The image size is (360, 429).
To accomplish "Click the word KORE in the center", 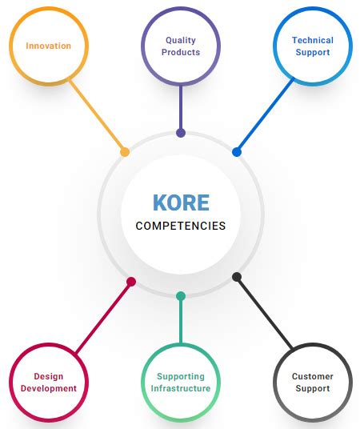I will point(180,202).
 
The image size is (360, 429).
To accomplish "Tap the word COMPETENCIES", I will point(180,226).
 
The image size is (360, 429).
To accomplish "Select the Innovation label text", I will point(48,46).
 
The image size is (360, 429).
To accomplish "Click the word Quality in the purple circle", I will point(181,40).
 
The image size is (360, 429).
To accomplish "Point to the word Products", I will point(181,52).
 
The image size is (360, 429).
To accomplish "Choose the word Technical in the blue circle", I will point(313,40).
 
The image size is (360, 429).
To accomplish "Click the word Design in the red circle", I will point(48,376).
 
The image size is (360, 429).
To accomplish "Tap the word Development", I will point(48,388).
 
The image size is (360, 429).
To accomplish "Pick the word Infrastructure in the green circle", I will point(181,388).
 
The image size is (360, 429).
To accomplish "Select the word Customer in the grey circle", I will point(313,376).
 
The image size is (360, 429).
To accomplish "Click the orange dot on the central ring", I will point(125,151).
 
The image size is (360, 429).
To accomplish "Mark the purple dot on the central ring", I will point(181,133).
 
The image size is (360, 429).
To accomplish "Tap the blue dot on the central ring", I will point(237,151).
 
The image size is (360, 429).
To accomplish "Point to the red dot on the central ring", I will point(131,282).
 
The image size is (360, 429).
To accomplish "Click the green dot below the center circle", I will point(181,296).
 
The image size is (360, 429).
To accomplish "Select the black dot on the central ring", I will point(237,277).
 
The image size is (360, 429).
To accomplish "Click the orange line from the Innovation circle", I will point(98,116).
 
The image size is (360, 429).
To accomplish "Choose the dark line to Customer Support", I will point(264,314).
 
